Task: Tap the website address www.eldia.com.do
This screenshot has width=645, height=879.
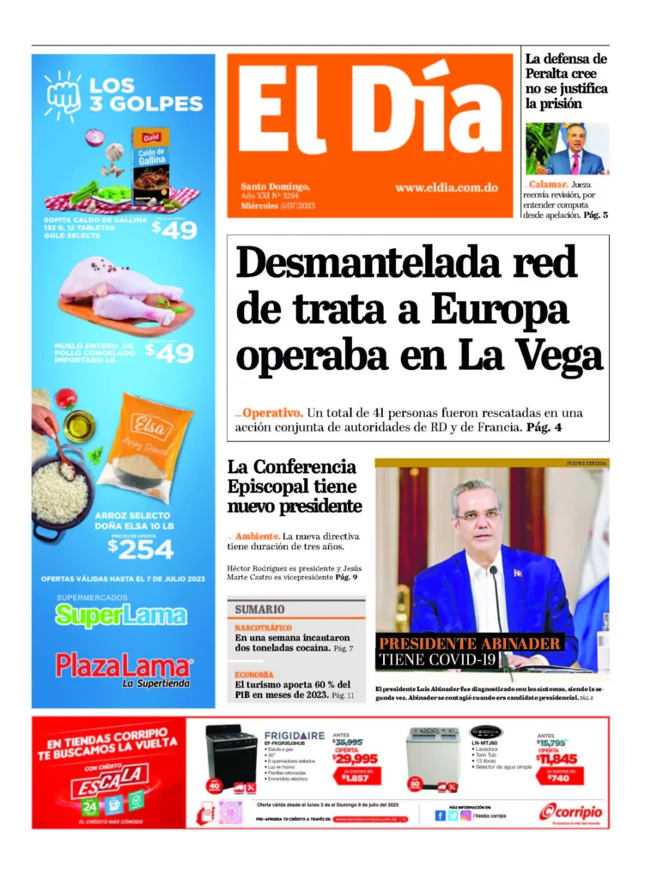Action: (x=447, y=187)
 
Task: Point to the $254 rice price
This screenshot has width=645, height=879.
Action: (x=141, y=548)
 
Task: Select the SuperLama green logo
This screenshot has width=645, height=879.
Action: (x=121, y=615)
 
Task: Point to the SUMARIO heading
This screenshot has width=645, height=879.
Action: (x=260, y=609)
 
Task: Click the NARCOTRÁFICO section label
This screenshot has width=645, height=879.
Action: (x=264, y=628)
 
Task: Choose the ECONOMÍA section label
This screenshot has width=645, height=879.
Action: (x=254, y=675)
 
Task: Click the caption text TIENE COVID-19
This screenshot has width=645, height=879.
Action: (x=437, y=659)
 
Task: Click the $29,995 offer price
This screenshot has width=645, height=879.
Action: (x=356, y=758)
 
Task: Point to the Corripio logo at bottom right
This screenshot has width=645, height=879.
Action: (x=571, y=811)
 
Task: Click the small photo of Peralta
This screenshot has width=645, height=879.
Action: (x=567, y=149)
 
